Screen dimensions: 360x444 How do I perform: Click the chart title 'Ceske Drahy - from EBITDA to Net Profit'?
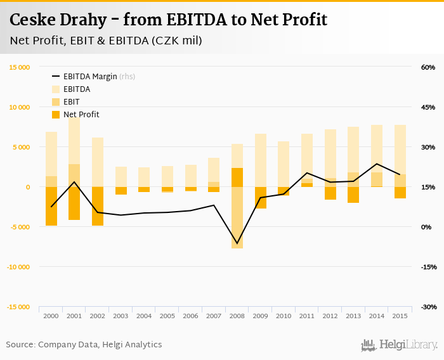[x=168, y=20]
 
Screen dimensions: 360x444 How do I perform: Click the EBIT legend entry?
[x=72, y=102]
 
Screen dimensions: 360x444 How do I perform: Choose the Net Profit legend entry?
[x=81, y=115]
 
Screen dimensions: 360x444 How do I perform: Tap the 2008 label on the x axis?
[x=237, y=316]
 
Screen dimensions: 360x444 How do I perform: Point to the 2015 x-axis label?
[x=400, y=316]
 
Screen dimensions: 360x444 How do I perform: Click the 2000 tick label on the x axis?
[x=51, y=316]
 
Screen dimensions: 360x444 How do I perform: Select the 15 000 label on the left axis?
[x=20, y=67]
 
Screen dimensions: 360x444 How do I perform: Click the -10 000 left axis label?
[x=18, y=267]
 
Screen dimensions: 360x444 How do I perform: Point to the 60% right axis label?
[x=428, y=67]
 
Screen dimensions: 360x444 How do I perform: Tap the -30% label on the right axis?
[x=428, y=307]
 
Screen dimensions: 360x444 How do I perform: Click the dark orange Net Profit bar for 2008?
[x=237, y=177]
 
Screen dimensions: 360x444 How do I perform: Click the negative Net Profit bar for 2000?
[x=51, y=206]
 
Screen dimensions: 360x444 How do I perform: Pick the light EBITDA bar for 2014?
[x=377, y=148]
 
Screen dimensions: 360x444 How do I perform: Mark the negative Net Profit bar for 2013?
[x=353, y=195]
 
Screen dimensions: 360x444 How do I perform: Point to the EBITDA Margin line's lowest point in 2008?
[x=237, y=243]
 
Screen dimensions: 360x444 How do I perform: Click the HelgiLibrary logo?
[x=399, y=345]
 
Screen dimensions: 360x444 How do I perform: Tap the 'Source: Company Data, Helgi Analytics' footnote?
[x=84, y=345]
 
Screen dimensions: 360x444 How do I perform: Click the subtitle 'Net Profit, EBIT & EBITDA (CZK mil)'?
[x=106, y=41]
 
